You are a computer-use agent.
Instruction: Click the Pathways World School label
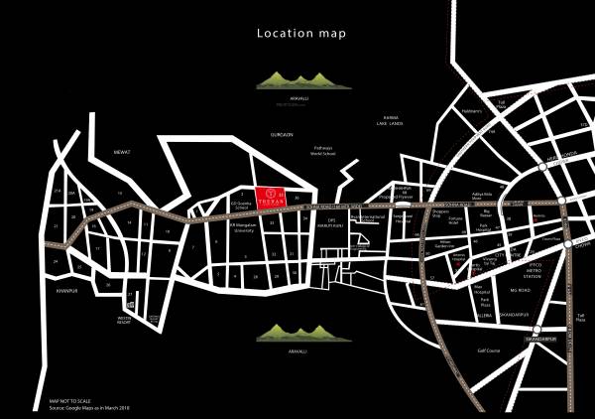pos(324,154)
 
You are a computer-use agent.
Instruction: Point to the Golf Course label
pos(488,349)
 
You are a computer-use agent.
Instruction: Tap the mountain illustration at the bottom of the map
pos(296,333)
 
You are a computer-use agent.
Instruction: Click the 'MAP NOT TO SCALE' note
pos(70,401)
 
